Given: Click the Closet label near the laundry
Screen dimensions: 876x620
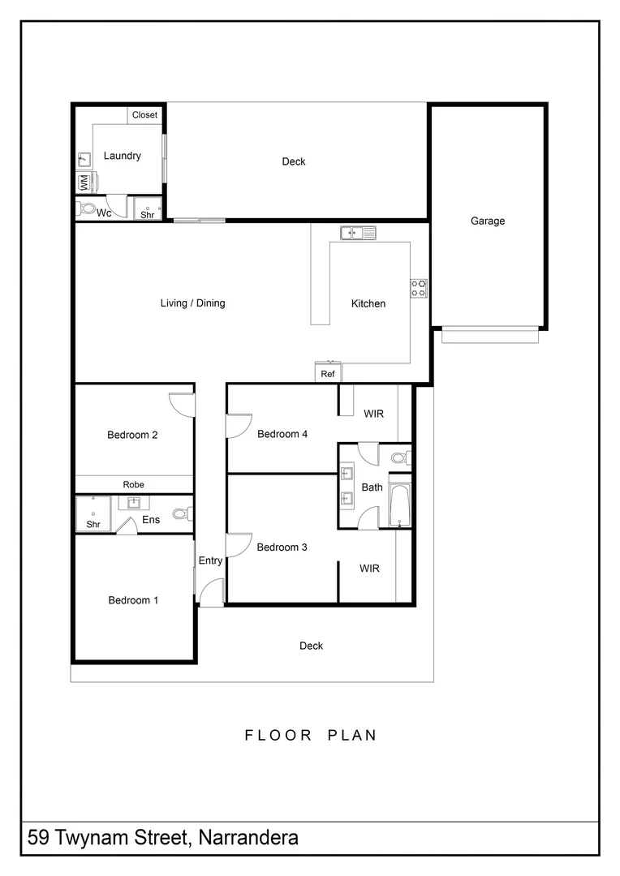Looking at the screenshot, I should click(144, 115).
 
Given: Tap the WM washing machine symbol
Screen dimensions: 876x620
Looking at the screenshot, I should click(84, 182).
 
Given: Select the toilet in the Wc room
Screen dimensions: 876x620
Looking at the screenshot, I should click(86, 209).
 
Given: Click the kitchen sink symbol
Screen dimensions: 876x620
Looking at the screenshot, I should click(357, 234).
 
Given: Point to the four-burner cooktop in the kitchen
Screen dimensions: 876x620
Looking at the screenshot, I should click(419, 288).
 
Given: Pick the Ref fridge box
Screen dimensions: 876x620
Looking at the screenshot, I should click(328, 374).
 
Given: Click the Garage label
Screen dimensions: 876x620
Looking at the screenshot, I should click(488, 221).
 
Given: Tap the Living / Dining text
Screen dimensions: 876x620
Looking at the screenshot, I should click(192, 303).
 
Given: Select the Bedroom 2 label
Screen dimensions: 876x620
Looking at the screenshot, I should click(132, 435).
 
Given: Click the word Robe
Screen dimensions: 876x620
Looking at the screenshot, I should click(134, 484).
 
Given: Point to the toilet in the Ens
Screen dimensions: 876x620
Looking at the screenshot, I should click(182, 513).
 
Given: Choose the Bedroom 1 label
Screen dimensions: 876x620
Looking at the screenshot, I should click(133, 600).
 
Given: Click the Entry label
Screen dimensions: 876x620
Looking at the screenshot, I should click(210, 560).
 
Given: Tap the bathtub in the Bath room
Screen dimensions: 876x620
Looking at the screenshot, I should click(400, 505).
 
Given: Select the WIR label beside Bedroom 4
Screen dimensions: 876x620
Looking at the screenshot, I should click(373, 414).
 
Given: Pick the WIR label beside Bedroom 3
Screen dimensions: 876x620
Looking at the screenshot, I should click(369, 569).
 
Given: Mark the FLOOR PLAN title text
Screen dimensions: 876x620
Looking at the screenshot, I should click(311, 736).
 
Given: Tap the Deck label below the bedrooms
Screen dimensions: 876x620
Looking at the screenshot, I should click(311, 646).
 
